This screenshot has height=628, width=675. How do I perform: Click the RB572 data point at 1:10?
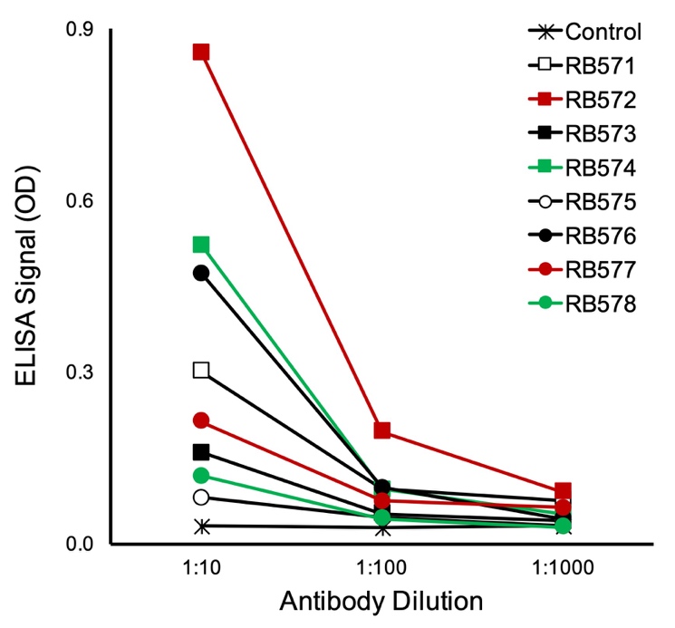click(201, 52)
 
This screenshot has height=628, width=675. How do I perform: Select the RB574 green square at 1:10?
click(201, 245)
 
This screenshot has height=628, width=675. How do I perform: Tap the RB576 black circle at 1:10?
click(201, 273)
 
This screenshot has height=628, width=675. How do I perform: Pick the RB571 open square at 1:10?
click(201, 370)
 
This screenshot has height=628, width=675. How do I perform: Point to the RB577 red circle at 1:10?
click(201, 420)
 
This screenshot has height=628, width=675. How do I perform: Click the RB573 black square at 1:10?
click(201, 452)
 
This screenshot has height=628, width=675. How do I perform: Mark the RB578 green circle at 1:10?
click(201, 476)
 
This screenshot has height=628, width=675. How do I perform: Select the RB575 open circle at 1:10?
click(201, 497)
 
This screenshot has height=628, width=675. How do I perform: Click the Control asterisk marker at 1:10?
click(201, 526)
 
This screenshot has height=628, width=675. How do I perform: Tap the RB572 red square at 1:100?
click(382, 430)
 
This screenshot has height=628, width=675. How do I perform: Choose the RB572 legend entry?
click(598, 100)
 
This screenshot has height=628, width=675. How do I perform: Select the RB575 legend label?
click(598, 202)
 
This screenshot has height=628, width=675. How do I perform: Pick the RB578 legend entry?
click(598, 304)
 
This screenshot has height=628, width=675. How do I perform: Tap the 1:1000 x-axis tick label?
click(563, 572)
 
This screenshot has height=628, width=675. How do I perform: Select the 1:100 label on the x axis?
click(382, 572)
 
